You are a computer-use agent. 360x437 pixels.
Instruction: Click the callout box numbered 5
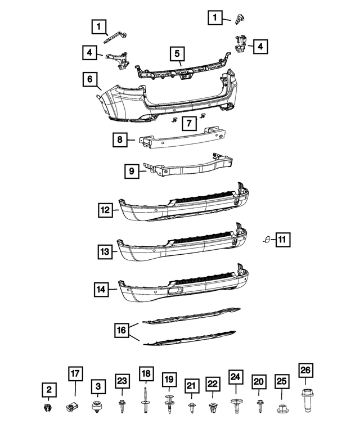(x=177, y=54)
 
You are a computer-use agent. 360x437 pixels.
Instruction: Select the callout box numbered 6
(x=89, y=79)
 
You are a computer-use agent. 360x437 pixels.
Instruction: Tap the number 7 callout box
(x=189, y=123)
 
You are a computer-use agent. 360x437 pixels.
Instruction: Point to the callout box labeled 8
(x=120, y=139)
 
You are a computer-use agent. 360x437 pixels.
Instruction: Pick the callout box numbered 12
(x=105, y=210)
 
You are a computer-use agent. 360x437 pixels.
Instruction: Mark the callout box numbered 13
(x=105, y=252)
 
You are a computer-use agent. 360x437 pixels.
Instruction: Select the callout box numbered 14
(x=102, y=290)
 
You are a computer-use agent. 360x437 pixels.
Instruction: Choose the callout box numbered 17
(x=75, y=373)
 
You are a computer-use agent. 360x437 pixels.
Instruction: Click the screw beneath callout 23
(x=122, y=403)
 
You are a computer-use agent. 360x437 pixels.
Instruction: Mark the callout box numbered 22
(x=212, y=384)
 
